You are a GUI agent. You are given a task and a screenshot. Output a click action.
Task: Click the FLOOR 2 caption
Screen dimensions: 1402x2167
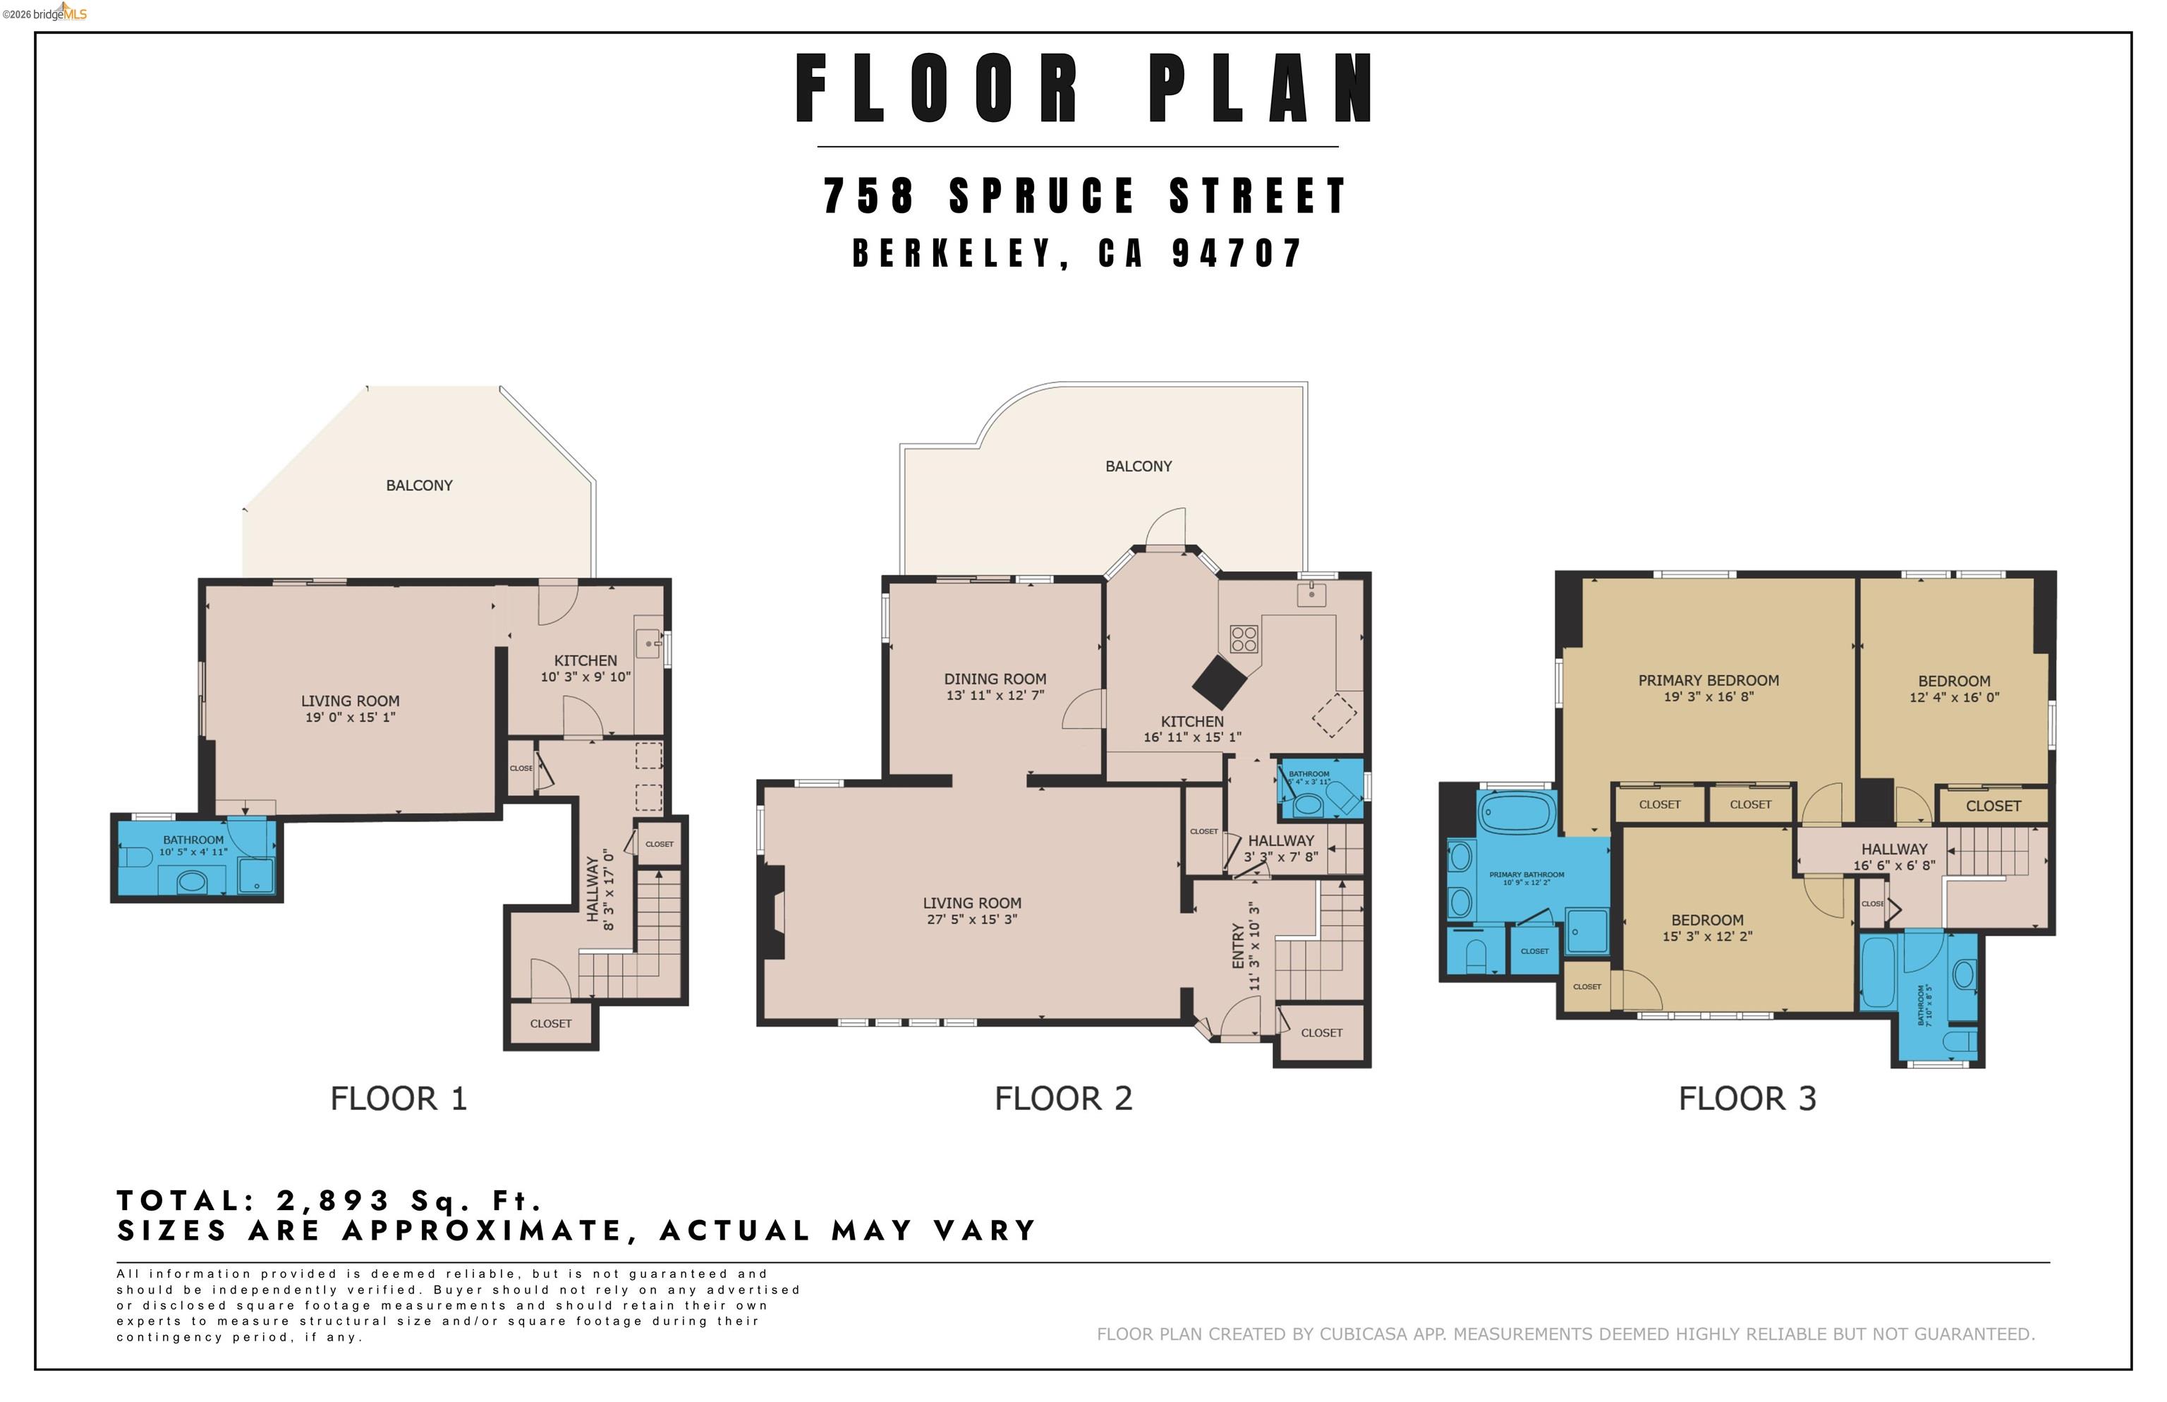pyautogui.click(x=1063, y=1099)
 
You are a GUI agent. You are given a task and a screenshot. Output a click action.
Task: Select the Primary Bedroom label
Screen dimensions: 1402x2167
pyautogui.click(x=1707, y=681)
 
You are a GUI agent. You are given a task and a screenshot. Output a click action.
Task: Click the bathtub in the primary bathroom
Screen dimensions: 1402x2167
pyautogui.click(x=1516, y=813)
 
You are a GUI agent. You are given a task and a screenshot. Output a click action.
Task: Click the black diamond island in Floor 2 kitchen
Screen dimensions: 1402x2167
pyautogui.click(x=1220, y=682)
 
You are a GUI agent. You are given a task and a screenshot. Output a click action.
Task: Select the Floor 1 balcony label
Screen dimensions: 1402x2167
pyautogui.click(x=418, y=486)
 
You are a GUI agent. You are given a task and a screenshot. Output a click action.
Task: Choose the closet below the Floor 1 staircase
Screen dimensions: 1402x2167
pyautogui.click(x=551, y=1025)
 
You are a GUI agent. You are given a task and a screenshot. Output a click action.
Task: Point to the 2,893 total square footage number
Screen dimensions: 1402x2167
pyautogui.click(x=333, y=1201)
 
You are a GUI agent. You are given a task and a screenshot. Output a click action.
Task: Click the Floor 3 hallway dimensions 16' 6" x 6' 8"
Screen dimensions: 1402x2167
pyautogui.click(x=1894, y=866)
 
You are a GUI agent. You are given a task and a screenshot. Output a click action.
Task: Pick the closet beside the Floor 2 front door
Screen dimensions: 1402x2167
pyautogui.click(x=1321, y=1033)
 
